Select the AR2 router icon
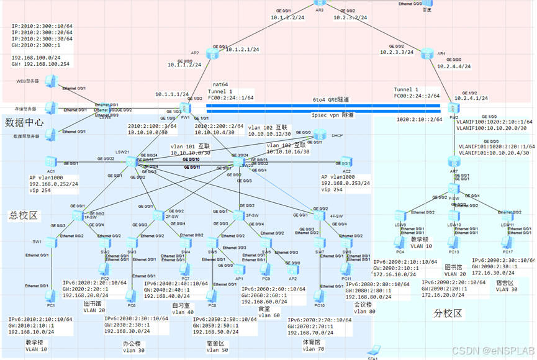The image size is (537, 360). tap(213, 56)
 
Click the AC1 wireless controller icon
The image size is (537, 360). tap(51, 162)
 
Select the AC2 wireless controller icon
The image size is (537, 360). tap(346, 162)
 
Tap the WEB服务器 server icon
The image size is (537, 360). tap(50, 81)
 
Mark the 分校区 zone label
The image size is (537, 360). tap(447, 313)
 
